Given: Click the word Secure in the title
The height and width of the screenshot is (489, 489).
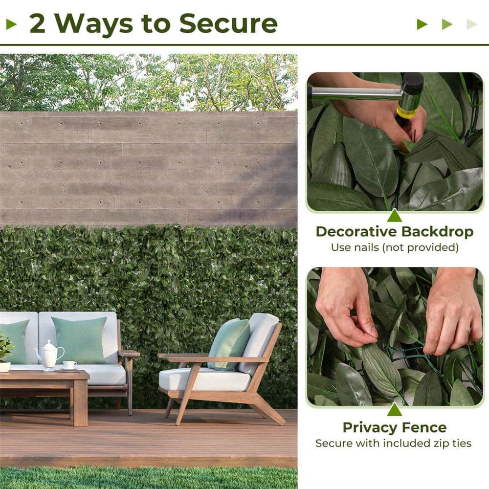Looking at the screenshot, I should tap(228, 23).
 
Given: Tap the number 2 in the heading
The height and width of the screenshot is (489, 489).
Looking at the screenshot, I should tap(38, 23).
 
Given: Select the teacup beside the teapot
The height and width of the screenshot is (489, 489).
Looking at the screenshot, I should tap(69, 365).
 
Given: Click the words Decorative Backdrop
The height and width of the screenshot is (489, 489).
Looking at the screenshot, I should tap(394, 232).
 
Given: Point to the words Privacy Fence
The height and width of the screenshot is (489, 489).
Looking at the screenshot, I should tap(394, 427).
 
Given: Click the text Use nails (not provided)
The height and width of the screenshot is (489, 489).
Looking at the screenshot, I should tap(394, 247).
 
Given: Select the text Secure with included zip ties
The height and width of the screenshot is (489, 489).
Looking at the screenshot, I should tap(394, 444).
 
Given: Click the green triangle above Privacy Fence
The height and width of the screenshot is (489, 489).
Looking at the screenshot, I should tap(394, 409).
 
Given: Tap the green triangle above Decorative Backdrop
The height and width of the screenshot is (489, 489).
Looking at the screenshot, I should tap(394, 216).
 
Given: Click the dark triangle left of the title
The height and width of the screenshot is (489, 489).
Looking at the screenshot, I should tap(11, 24).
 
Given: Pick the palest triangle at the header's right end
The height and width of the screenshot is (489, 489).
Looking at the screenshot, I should tap(471, 24).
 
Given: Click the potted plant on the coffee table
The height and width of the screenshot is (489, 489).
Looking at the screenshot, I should tap(5, 352).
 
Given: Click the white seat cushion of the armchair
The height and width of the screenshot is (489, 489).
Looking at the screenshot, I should tap(205, 379).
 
